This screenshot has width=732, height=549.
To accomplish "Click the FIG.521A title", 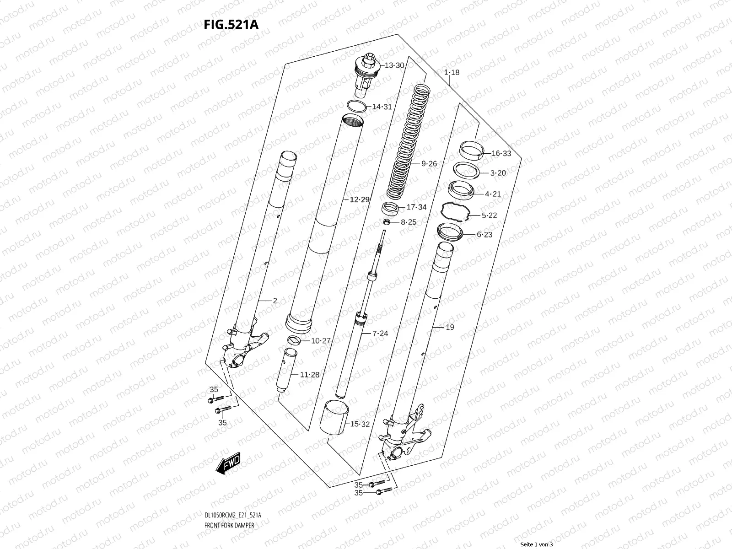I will [231, 24].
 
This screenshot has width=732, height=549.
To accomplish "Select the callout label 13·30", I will [394, 65].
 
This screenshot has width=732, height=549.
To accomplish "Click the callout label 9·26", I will [429, 163].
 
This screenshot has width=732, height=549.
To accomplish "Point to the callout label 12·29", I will [359, 199].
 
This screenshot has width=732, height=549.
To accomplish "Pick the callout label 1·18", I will [451, 72].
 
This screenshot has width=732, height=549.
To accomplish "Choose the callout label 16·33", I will [501, 154].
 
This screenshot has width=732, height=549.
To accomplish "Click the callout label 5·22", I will [489, 215].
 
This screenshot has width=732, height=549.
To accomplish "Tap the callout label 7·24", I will [380, 333].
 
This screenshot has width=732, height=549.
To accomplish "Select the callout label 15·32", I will [359, 424].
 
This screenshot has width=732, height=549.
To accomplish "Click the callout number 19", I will [450, 327].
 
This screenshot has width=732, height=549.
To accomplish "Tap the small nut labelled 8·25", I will [386, 222].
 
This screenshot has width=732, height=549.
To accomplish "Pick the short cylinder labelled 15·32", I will [337, 416].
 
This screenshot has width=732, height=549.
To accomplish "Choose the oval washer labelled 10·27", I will [293, 339].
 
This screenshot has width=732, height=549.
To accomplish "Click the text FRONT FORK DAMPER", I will [230, 500].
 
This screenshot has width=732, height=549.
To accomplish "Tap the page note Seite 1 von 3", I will [537, 544].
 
